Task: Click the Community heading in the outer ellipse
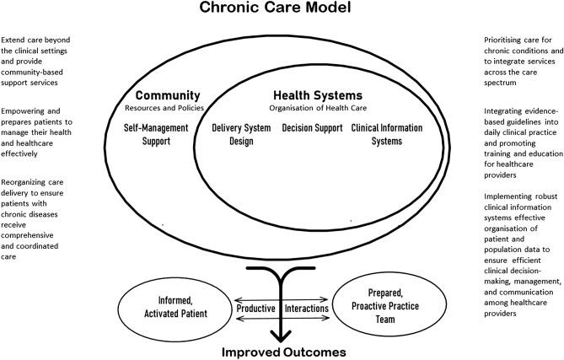[x=168, y=95]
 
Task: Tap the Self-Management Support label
[x=169, y=134]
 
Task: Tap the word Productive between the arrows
[x=255, y=309]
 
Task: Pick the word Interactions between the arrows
[x=307, y=309]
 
